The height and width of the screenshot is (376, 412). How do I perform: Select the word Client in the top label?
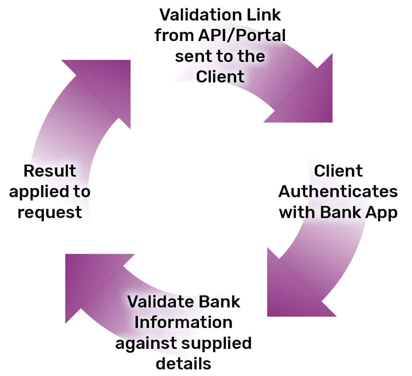click(220, 77)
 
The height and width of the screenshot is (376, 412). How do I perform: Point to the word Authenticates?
click(338, 192)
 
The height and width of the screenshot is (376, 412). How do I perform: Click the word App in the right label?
click(381, 213)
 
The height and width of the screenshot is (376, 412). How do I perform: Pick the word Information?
click(183, 322)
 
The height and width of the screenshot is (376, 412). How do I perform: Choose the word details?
click(183, 364)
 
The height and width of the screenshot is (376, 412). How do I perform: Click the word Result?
click(50, 171)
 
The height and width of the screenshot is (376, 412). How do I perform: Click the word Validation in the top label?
click(200, 15)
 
